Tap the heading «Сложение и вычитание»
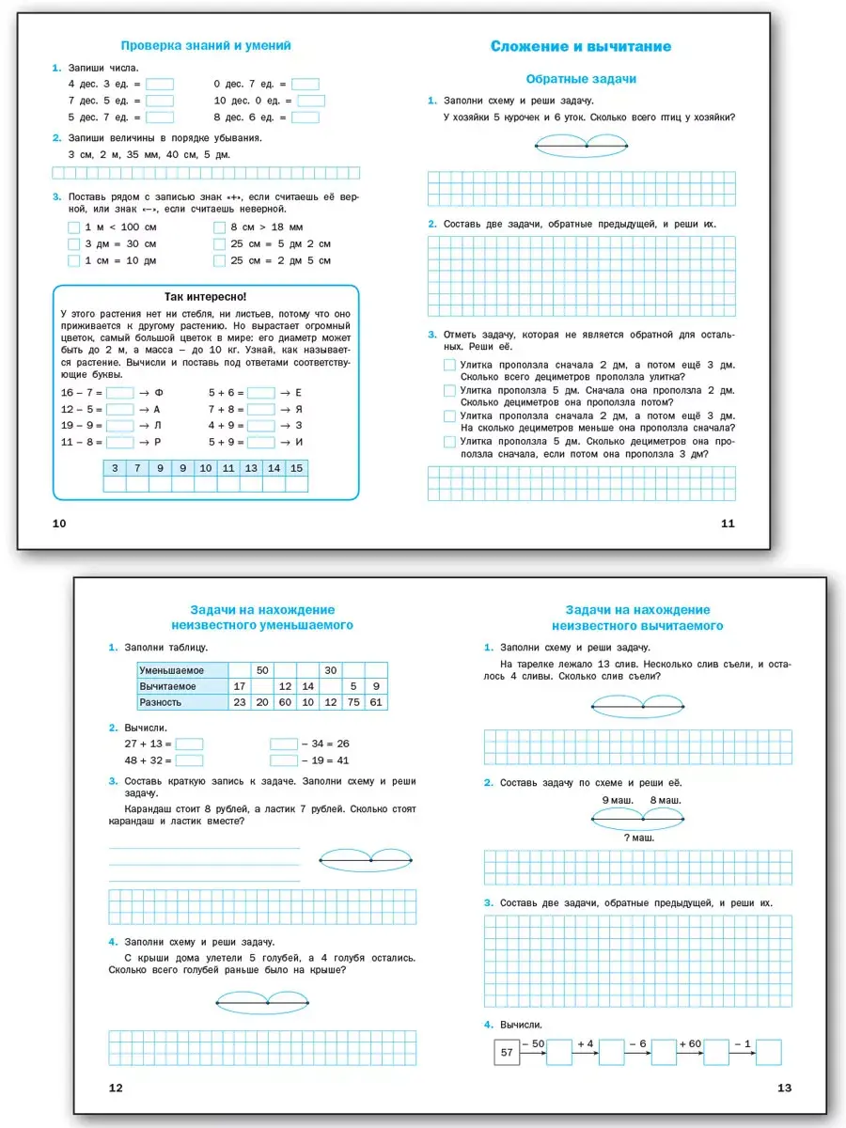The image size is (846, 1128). pyautogui.click(x=581, y=46)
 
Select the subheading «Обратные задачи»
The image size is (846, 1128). pyautogui.click(x=581, y=79)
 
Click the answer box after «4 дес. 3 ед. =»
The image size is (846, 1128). pyautogui.click(x=160, y=84)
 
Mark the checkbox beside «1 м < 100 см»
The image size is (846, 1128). pyautogui.click(x=74, y=227)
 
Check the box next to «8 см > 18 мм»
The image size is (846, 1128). pyautogui.click(x=220, y=227)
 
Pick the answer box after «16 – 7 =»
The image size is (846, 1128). pyautogui.click(x=120, y=393)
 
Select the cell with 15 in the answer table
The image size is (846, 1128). pyautogui.click(x=297, y=468)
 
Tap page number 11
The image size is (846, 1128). pyautogui.click(x=727, y=524)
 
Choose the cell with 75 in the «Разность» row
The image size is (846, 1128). pyautogui.click(x=354, y=702)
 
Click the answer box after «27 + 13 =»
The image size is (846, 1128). pyautogui.click(x=189, y=744)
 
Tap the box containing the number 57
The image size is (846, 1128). pyautogui.click(x=507, y=1052)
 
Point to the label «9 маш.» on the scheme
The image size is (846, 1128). pyautogui.click(x=617, y=800)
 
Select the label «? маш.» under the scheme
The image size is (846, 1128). pyautogui.click(x=638, y=837)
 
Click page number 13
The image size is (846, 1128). pyautogui.click(x=785, y=1088)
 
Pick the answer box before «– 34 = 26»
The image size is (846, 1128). pyautogui.click(x=284, y=744)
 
